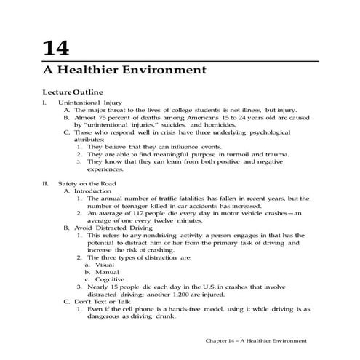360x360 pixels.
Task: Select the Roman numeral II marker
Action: click(45, 183)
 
